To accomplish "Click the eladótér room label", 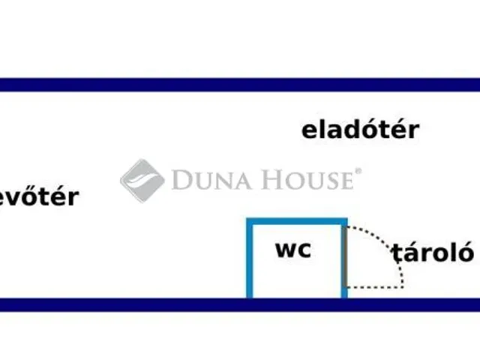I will [360, 130].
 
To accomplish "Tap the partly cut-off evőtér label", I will [39, 198].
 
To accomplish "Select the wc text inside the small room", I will [293, 250].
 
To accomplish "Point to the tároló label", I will [432, 252].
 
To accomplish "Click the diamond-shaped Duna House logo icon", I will [142, 180].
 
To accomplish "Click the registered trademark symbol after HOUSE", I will [358, 172].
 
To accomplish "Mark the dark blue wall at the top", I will [240, 85].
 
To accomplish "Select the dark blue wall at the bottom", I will [240, 304].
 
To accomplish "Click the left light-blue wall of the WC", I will [250, 259].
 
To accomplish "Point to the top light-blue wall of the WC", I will [297, 221].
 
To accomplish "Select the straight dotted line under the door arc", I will [375, 286].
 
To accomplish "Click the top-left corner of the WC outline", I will [250, 221].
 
